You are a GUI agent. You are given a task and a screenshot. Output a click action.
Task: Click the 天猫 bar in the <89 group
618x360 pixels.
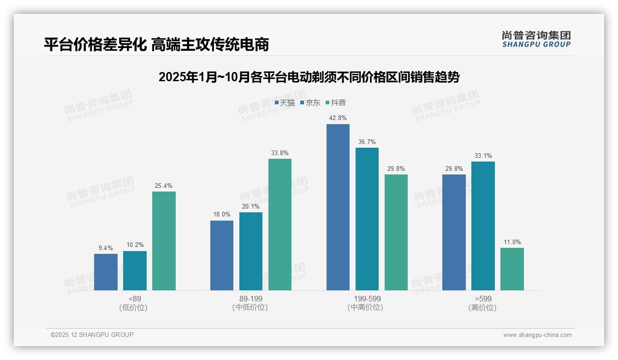[x=106, y=272]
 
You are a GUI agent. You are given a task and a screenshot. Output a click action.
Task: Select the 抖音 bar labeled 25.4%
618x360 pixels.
[x=164, y=241]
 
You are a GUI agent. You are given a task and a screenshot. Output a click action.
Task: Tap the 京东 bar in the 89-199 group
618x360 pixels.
[x=251, y=251]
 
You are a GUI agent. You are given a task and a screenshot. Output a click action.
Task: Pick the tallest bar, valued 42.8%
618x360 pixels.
[x=338, y=207]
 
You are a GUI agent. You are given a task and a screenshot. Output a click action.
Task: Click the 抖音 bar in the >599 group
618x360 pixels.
[x=512, y=269]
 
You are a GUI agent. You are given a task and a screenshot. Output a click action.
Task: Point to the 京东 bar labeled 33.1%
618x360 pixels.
[x=483, y=226]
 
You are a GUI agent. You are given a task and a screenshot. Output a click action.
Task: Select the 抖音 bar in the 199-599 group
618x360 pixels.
[x=396, y=232]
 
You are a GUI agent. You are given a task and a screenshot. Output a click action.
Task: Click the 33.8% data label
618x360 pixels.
[x=280, y=153]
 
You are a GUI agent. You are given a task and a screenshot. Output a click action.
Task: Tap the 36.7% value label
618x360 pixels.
[x=367, y=142]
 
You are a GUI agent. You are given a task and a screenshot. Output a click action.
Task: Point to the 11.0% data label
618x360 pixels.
[x=512, y=242]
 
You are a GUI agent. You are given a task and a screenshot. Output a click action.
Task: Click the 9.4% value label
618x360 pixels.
[x=106, y=248]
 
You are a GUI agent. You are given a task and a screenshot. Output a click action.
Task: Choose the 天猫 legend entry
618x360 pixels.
[x=285, y=103]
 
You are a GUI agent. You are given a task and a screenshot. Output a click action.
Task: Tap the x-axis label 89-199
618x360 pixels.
[x=251, y=299]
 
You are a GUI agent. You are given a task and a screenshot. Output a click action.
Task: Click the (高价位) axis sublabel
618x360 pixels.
[x=483, y=307]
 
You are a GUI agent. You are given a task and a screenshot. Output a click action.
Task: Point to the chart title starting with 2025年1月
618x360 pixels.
[x=309, y=77]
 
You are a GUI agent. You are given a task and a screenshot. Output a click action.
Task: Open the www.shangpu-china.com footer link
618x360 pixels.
[x=537, y=335]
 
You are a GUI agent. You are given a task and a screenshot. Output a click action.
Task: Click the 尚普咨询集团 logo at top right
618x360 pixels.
[x=536, y=39]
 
